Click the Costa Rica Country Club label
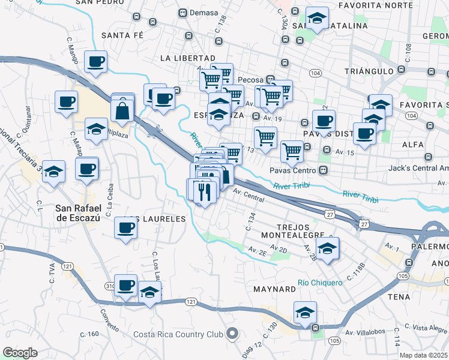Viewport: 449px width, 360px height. [178, 335]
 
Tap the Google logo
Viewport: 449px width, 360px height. [20, 353]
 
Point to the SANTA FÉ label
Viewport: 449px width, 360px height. [122, 35]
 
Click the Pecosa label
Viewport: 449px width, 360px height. [250, 79]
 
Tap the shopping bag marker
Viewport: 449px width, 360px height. [122, 110]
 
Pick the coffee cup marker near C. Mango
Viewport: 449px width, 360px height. [96, 61]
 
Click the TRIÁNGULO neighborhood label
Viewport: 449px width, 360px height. [369, 71]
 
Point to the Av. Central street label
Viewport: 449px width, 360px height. [249, 194]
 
